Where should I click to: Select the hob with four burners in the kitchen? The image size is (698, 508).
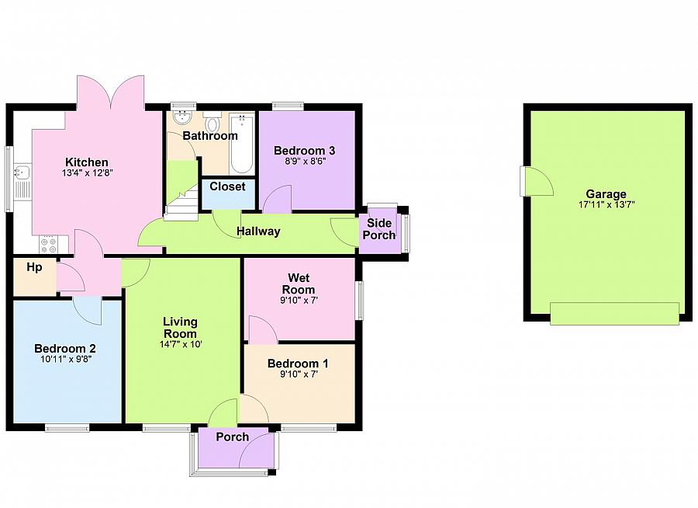point(47,244)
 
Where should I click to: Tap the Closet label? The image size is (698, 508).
point(227,186)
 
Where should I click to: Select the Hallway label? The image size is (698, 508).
point(258,231)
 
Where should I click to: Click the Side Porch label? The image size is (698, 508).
point(380,228)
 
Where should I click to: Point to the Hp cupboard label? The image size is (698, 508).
point(34,267)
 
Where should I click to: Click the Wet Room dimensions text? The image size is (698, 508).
point(299,301)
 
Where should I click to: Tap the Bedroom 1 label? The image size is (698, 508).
point(298,364)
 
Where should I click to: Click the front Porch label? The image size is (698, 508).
point(232,437)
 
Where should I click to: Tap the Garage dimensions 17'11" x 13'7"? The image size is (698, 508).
point(606,206)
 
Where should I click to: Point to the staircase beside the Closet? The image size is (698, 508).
point(182,204)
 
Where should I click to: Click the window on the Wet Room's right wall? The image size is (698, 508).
point(360,300)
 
